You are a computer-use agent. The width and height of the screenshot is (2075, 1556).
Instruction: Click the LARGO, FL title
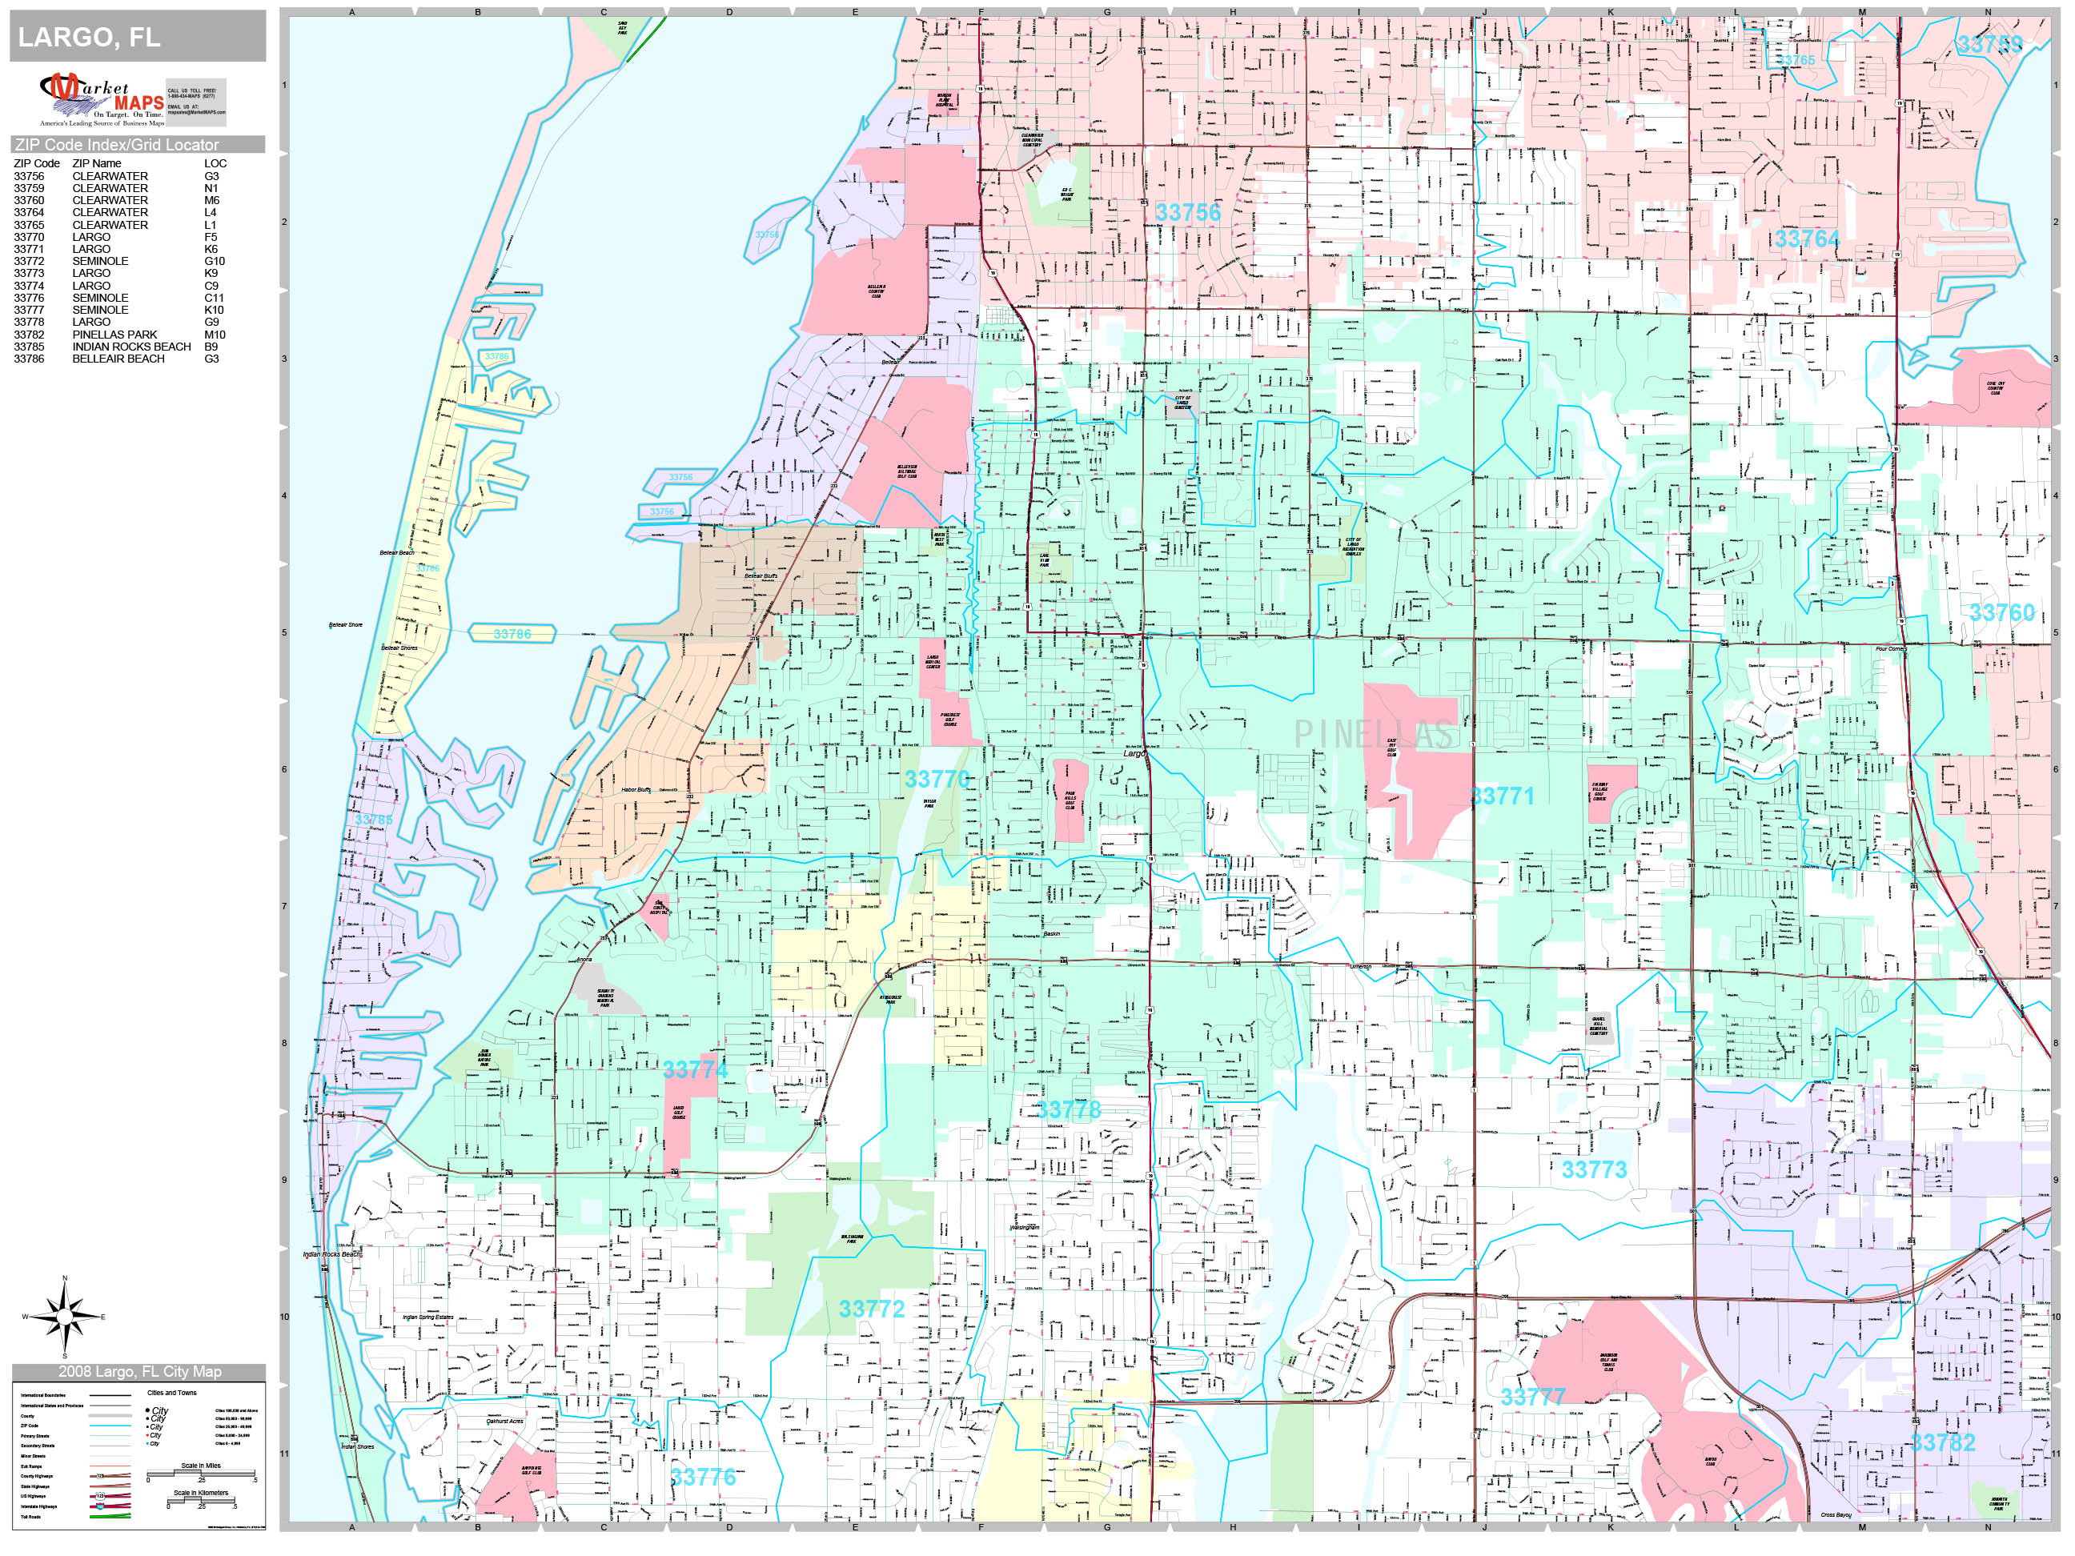tap(89, 38)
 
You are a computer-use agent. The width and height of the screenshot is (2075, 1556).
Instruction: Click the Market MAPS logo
tap(102, 100)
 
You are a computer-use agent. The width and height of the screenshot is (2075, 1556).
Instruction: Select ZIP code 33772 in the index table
tap(29, 262)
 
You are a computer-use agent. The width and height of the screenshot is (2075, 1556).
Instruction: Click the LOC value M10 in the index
tap(215, 335)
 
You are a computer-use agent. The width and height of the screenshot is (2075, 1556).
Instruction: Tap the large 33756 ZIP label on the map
tap(1187, 213)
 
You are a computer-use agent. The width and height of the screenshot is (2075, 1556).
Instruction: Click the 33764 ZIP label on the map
tap(1807, 239)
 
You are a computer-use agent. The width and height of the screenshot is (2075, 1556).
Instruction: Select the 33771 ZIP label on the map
tap(1502, 796)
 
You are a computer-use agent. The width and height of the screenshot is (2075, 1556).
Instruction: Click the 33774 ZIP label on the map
tap(695, 1070)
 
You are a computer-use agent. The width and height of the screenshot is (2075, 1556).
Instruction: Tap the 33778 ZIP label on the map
tap(1069, 1110)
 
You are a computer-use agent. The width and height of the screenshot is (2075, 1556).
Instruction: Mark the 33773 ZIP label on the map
tap(1594, 1169)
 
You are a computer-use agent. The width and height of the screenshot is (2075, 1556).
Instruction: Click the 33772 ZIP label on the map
tap(872, 1309)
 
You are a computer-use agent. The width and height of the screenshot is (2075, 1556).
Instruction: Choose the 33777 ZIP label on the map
tap(1533, 1398)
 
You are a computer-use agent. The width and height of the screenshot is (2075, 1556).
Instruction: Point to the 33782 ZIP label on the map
tap(1943, 1443)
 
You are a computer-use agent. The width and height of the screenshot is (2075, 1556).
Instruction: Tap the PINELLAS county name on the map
tap(1375, 736)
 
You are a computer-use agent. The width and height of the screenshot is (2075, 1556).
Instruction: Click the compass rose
tap(64, 1317)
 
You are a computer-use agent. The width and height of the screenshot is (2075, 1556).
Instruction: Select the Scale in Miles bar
tap(201, 1474)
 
